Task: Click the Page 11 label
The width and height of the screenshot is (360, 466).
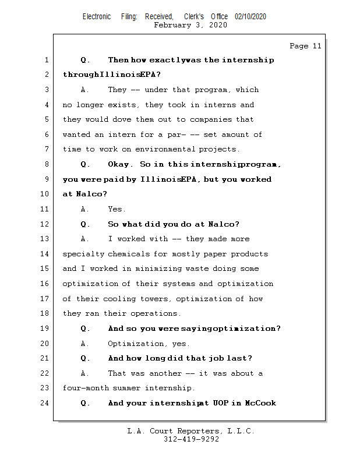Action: [305, 46]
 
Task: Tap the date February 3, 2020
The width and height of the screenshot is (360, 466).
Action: [190, 25]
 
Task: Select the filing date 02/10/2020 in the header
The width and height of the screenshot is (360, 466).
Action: [250, 17]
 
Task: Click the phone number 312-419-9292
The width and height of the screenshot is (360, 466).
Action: [191, 439]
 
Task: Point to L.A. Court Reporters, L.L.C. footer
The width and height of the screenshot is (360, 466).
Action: [191, 431]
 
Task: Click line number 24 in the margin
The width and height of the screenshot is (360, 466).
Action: [47, 403]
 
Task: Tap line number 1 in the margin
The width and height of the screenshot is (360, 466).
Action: [47, 60]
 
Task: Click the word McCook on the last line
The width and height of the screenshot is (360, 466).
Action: [260, 403]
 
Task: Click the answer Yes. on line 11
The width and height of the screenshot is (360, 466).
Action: [117, 209]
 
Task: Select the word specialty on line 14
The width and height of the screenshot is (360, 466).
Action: [83, 254]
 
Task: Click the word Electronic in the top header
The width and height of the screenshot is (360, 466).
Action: [97, 17]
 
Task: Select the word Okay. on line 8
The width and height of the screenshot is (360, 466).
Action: [119, 164]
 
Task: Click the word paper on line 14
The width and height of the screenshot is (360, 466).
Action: [215, 254]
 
